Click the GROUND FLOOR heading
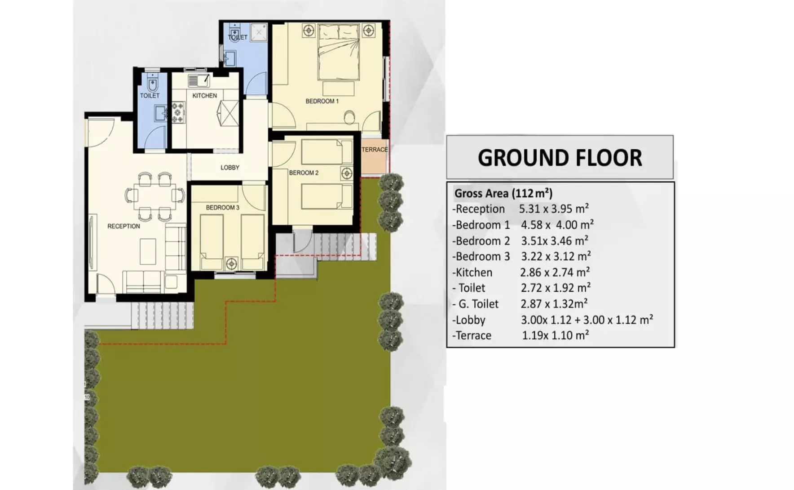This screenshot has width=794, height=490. (560, 158)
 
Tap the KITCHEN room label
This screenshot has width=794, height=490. (204, 96)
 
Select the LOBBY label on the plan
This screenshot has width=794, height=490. (230, 168)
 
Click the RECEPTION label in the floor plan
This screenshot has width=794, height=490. (124, 226)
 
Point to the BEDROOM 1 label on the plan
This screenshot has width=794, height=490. (322, 101)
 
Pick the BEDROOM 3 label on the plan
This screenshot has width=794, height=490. (223, 208)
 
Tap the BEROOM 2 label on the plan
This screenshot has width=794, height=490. (304, 173)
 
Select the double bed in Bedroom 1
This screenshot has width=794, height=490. (339, 52)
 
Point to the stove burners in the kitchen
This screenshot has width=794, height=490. (178, 112)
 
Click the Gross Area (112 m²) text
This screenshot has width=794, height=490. (503, 193)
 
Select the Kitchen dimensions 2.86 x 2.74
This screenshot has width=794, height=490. (555, 272)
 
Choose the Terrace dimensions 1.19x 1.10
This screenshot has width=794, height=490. (556, 335)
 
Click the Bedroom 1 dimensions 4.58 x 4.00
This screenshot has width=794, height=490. (557, 225)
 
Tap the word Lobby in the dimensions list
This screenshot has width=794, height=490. (469, 320)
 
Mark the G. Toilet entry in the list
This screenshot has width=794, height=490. (476, 304)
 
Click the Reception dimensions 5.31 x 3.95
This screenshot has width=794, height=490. (554, 209)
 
